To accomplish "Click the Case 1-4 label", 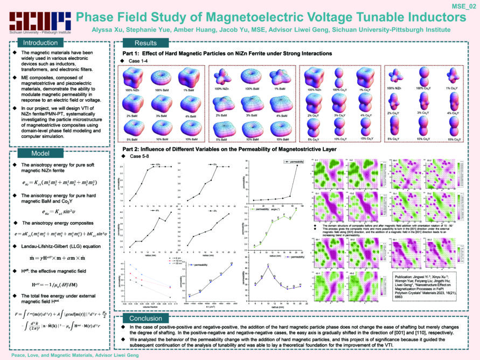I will [x=140, y=61].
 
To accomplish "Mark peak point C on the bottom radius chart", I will [x=269, y=266].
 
